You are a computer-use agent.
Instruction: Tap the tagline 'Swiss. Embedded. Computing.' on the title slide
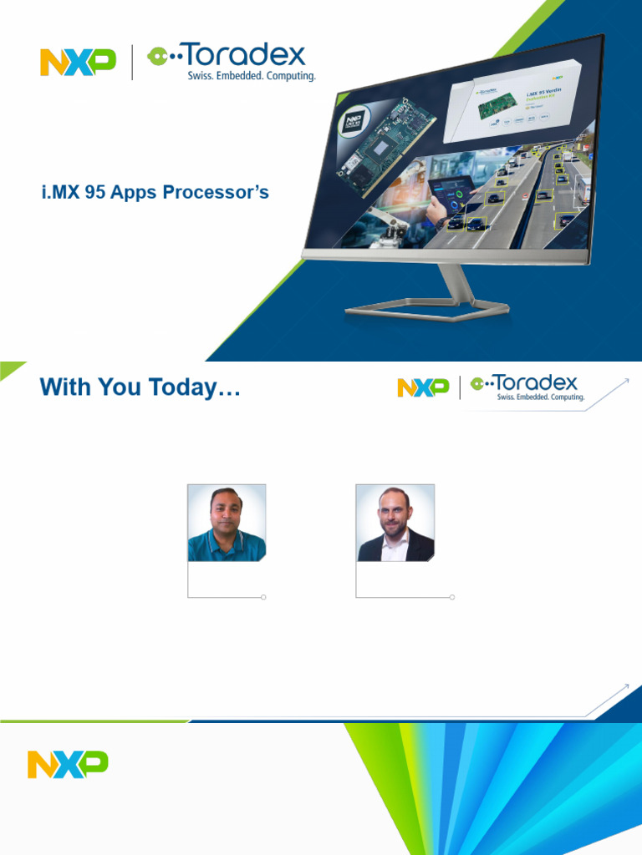pos(252,76)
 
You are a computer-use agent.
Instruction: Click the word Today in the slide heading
pos(196,387)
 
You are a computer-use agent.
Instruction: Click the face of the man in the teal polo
pos(226,511)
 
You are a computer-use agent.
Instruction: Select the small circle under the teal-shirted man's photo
pos(264,597)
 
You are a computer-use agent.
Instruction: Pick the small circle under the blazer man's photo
pos(452,597)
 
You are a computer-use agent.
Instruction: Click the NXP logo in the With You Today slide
pos(423,387)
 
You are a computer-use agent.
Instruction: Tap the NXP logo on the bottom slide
pos(68,764)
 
